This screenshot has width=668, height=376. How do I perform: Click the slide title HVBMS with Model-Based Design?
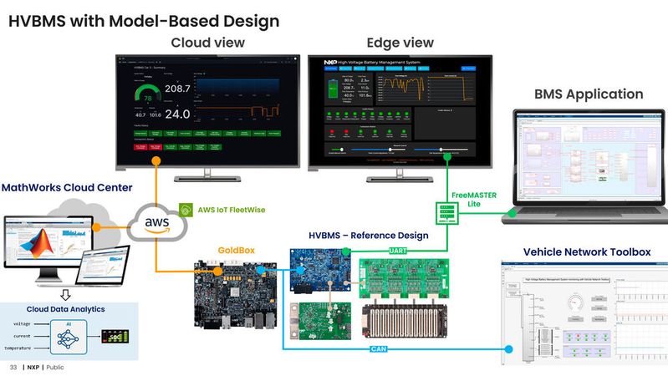point(143,19)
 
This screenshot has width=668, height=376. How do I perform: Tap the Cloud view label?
point(208,43)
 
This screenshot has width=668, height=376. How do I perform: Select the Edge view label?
point(400,43)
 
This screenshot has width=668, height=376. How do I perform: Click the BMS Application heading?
point(589,94)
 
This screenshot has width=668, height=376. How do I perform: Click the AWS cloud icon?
point(156,223)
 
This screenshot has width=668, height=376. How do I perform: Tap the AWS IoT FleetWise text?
point(232,209)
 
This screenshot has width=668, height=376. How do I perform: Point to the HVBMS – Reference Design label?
point(368,235)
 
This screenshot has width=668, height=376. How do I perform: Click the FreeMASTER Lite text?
point(473,199)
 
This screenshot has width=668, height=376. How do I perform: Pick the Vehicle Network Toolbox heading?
point(586,252)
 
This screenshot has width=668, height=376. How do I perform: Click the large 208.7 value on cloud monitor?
point(177,89)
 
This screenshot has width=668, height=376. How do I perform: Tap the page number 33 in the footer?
point(13,367)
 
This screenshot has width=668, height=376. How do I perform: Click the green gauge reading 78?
point(148,98)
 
